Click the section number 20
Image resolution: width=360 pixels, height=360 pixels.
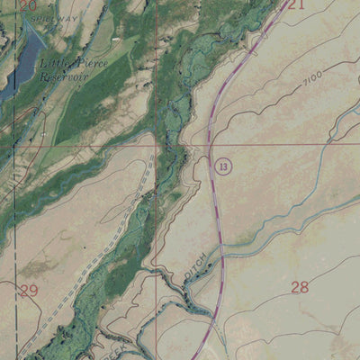(x=27, y=5)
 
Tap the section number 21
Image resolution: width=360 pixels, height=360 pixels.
(x=297, y=4)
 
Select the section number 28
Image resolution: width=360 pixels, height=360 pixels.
(x=300, y=287)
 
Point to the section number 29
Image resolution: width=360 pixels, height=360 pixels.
(x=29, y=290)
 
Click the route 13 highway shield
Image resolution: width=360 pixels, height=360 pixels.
(x=223, y=166)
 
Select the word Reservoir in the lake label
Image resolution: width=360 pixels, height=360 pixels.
(x=63, y=76)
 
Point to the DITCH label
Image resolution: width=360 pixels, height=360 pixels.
(x=198, y=270)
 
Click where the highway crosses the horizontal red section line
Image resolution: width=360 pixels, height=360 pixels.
(x=210, y=142)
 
